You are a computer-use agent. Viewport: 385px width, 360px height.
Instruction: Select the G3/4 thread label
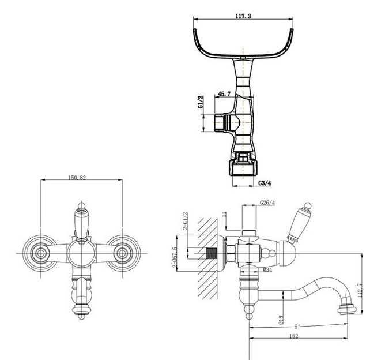click(x=266, y=183)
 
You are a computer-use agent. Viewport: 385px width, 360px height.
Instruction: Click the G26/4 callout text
click(x=267, y=203)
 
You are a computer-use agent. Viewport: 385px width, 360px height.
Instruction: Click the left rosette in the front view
click(x=40, y=253)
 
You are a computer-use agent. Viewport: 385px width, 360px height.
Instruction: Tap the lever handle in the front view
click(x=81, y=221)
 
